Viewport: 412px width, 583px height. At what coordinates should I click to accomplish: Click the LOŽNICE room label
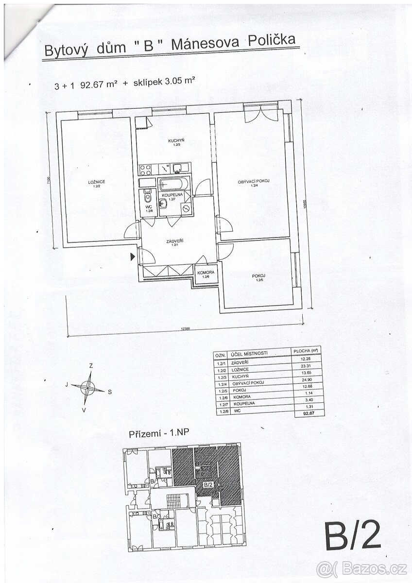click(97, 182)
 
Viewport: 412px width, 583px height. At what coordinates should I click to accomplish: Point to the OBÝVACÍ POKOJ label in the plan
click(253, 181)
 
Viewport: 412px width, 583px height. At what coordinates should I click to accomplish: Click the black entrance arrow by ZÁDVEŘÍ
click(133, 256)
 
